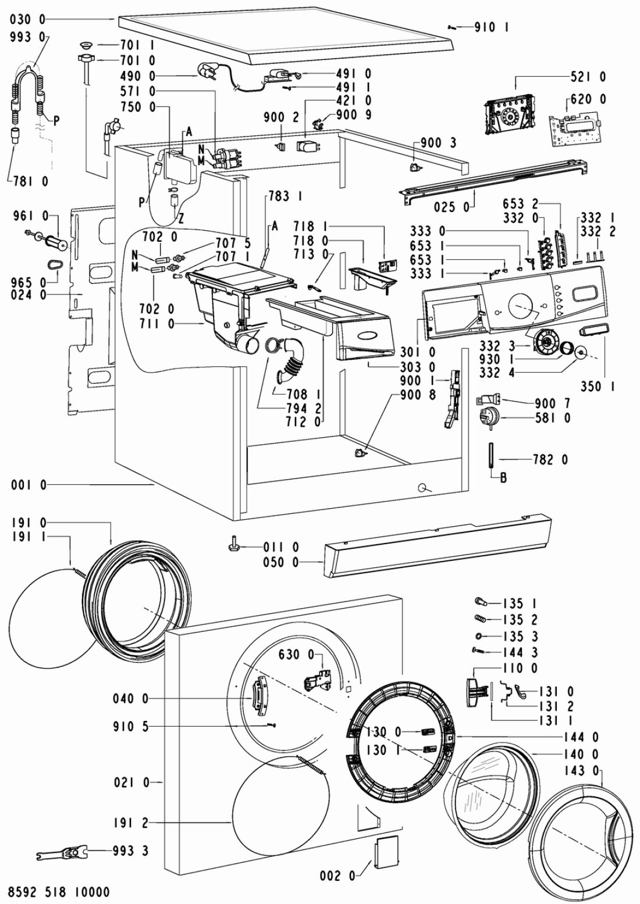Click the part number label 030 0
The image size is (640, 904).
coord(29,19)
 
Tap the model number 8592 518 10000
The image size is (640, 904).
coord(59,891)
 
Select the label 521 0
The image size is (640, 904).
coord(588,77)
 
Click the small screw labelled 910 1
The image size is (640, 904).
coord(452,27)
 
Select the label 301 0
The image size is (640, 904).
coord(418,352)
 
